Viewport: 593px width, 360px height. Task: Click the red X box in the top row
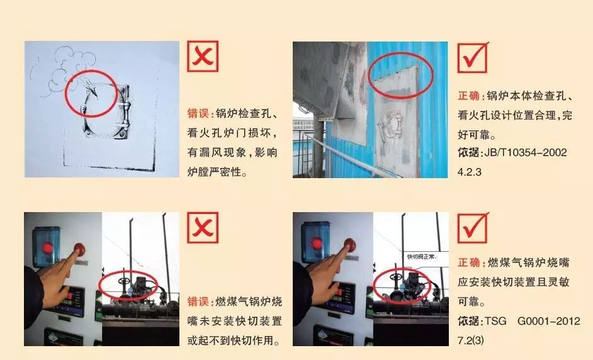(x=203, y=57)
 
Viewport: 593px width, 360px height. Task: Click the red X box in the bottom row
(x=203, y=228)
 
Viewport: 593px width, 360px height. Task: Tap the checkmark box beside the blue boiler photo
(x=473, y=57)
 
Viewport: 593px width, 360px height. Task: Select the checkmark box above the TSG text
(x=473, y=228)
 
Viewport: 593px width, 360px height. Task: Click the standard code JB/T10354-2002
(x=525, y=153)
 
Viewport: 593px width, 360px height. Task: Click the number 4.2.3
(x=470, y=172)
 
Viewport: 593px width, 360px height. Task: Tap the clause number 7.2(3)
(x=470, y=340)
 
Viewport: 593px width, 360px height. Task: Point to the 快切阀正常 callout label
(x=422, y=257)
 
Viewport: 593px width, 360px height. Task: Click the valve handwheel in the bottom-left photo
(x=123, y=281)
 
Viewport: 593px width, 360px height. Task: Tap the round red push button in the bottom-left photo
(x=79, y=249)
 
